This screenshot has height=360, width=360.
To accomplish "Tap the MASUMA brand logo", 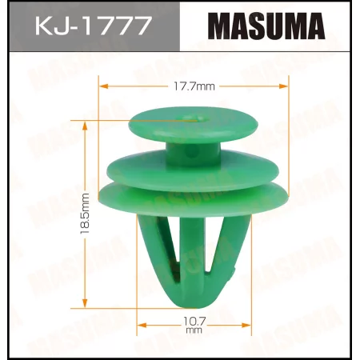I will coord(267,26).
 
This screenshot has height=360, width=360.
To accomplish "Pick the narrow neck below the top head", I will coord(191,150).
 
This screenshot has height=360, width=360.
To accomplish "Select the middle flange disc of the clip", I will coord(191,170).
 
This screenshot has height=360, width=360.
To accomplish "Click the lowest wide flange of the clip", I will coord(191,197).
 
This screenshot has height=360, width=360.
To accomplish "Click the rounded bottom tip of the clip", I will coord(190,297).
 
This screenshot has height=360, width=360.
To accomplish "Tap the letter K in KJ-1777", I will coord(41,27).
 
